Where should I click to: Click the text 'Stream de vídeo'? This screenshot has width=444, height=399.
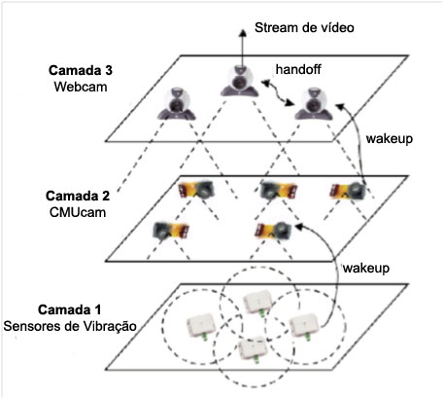click(304, 27)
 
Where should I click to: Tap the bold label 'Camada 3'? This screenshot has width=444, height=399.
click(81, 70)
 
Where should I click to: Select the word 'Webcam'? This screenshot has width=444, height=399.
click(81, 87)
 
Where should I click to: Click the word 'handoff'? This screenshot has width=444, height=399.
click(298, 69)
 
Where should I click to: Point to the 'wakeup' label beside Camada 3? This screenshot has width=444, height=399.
click(390, 139)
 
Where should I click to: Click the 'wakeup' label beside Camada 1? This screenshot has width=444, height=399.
click(366, 269)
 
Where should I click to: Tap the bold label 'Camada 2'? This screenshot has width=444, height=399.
click(78, 196)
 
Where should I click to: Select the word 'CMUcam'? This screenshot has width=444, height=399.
click(78, 212)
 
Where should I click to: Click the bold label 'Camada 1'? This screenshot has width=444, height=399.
click(70, 309)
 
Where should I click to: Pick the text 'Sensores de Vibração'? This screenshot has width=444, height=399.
click(70, 326)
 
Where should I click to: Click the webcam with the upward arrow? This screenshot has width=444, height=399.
click(240, 81)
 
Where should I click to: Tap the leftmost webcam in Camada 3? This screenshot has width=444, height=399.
click(177, 103)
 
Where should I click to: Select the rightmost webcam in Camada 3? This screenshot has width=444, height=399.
click(314, 103)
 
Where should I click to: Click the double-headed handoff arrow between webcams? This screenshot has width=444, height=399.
click(278, 93)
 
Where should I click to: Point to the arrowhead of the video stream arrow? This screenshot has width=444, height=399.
click(242, 31)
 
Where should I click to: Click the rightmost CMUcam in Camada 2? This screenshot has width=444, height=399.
click(348, 191)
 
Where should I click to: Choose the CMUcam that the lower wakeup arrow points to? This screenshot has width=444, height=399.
click(274, 230)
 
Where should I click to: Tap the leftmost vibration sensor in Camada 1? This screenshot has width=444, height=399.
click(201, 325)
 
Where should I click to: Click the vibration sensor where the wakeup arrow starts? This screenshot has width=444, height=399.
click(304, 325)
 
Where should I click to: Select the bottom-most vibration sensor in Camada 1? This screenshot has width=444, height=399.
click(254, 349)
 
